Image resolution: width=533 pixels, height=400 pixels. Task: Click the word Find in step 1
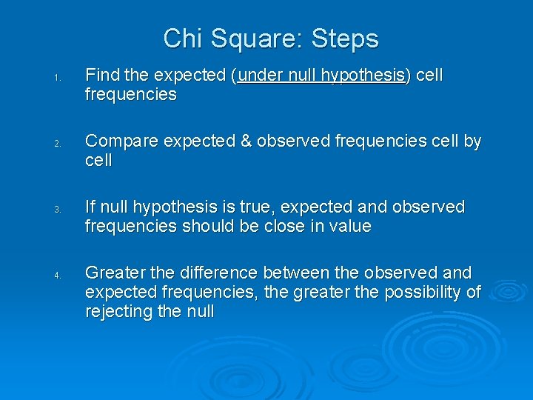(x=102, y=76)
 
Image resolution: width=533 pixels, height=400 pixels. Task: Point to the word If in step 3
(x=90, y=207)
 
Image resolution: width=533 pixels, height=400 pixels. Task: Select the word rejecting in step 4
(x=119, y=311)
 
